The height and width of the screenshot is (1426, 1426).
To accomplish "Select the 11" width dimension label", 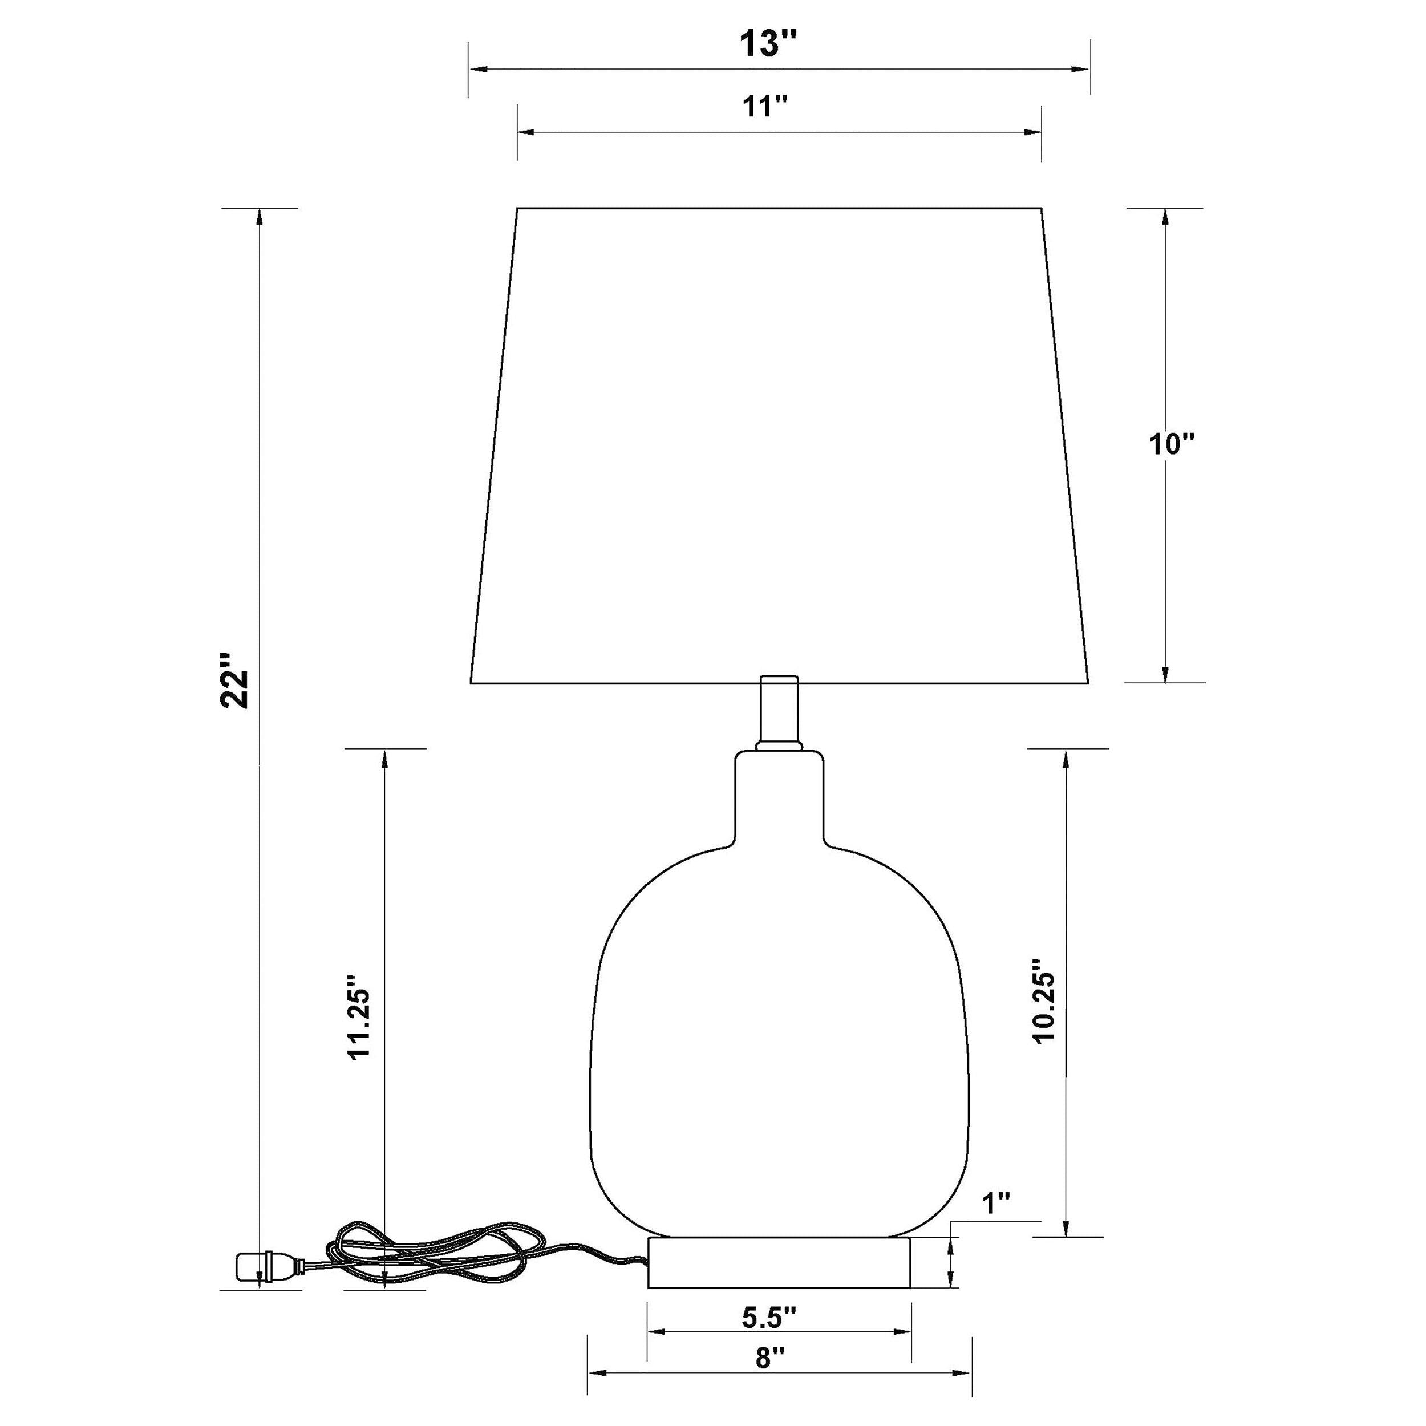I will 765,107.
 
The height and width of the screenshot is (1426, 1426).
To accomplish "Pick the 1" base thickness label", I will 996,1204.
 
